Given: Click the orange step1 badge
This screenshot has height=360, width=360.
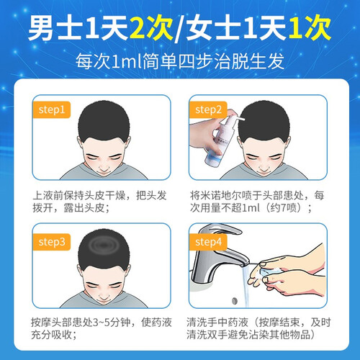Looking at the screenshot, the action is tap(51, 109).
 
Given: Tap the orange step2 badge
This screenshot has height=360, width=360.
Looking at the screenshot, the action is tap(208, 109).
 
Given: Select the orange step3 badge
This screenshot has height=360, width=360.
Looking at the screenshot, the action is tap(51, 242).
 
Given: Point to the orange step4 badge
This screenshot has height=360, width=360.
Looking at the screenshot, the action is tap(208, 242).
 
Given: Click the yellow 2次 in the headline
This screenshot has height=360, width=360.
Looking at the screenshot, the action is tap(151, 27).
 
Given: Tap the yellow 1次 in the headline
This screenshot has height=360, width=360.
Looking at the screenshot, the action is tap(310, 27).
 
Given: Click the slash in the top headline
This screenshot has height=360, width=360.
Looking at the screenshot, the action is tap(179, 28).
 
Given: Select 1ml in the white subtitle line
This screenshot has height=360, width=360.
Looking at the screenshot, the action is tap(127, 61).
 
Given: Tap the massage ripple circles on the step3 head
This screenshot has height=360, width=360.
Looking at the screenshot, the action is tap(104, 245).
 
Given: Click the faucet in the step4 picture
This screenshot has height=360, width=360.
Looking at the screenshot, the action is tap(216, 254).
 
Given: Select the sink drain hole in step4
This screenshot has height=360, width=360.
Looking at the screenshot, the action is tap(235, 300).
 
